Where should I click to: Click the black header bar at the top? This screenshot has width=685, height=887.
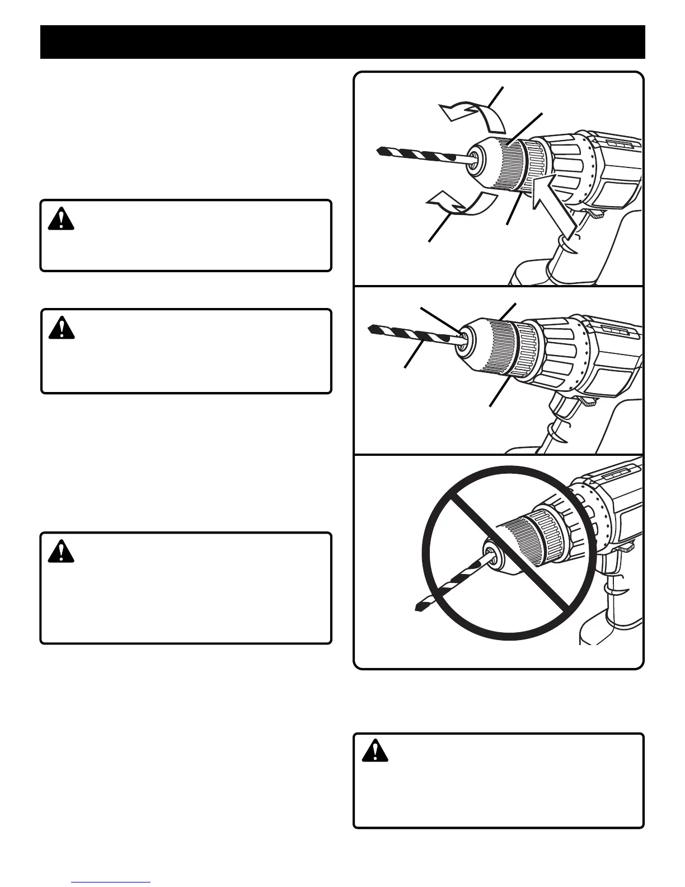click(x=342, y=42)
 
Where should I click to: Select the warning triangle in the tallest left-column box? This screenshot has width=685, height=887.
click(x=61, y=552)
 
